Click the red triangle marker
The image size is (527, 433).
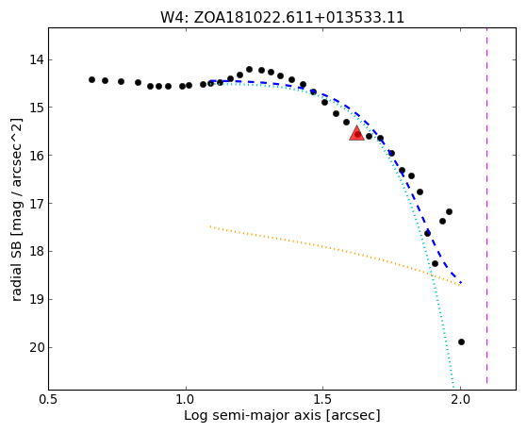tap(356, 134)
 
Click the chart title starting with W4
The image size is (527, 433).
tap(282, 17)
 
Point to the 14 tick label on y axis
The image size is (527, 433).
tap(37, 60)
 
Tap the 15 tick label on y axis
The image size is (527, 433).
tap(37, 108)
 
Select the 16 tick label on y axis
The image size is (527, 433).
tap(37, 156)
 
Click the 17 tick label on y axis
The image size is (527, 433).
tap(37, 204)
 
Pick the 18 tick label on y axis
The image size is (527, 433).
tap(37, 252)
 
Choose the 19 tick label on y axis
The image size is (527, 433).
tap(37, 300)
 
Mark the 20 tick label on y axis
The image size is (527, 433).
tap(37, 347)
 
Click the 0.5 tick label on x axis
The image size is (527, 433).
tap(49, 399)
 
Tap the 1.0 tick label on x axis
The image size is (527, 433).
tap(186, 399)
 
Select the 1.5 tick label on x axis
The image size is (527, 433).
tap(323, 399)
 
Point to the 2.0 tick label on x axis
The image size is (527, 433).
tap(460, 399)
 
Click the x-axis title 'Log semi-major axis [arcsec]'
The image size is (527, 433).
tap(282, 415)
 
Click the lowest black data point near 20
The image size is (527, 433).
tap(461, 341)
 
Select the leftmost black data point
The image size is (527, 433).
tap(91, 80)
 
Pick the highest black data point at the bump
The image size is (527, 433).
tap(250, 69)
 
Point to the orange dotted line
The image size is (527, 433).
tap(335, 256)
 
